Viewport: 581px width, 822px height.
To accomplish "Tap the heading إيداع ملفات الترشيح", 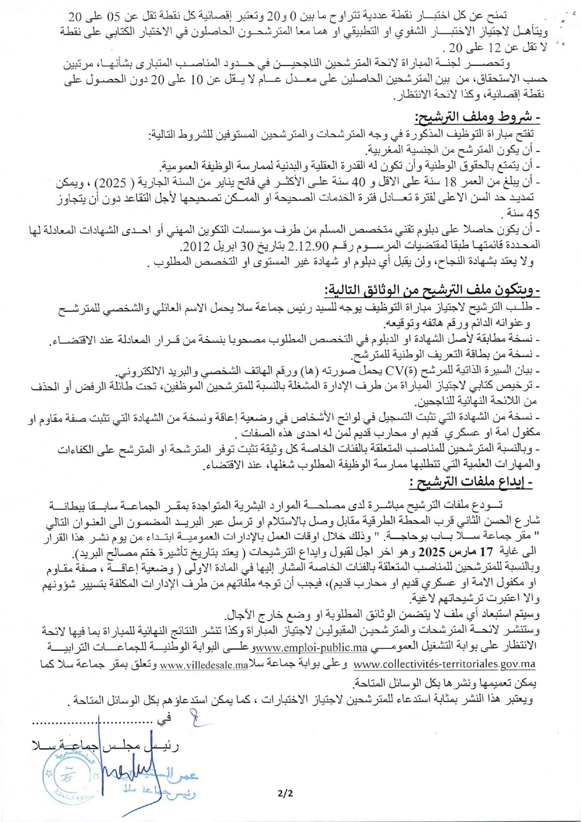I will tap(471, 482).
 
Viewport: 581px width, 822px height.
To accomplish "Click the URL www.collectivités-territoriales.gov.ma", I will tap(444, 664).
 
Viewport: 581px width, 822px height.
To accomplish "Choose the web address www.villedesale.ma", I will tap(204, 665).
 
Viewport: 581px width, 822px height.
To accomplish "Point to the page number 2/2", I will tap(285, 793).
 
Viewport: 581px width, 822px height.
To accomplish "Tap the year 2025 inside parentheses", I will tap(440, 183).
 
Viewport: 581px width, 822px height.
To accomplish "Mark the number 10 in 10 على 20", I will tap(196, 79).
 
